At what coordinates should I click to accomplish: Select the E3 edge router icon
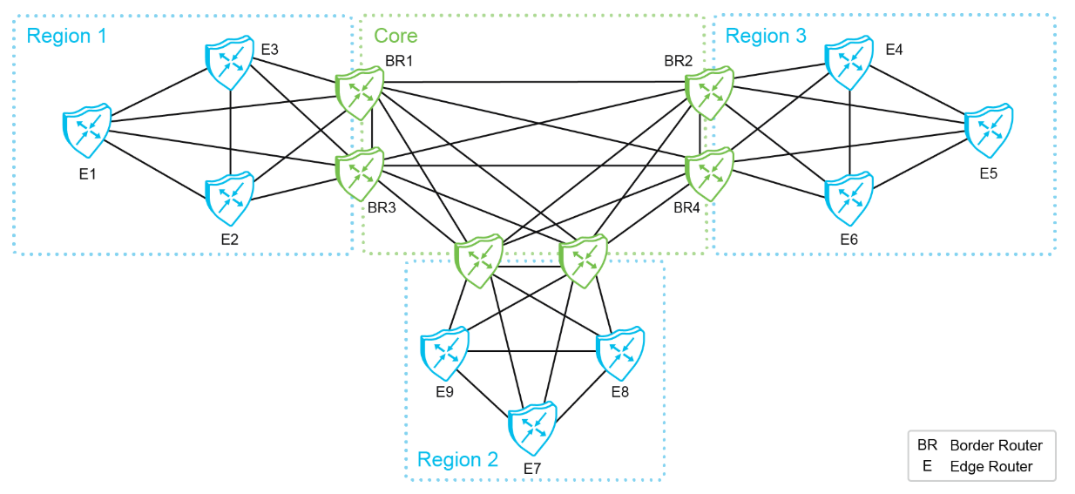click(x=229, y=63)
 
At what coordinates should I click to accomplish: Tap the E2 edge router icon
click(x=229, y=200)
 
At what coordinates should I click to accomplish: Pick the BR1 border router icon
click(x=360, y=93)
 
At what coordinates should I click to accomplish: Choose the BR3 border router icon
click(x=360, y=173)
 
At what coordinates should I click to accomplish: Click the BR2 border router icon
click(x=709, y=93)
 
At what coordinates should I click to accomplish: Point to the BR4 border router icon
click(x=709, y=175)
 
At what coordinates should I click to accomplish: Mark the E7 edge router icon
click(x=532, y=427)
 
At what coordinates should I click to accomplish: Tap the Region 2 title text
click(x=457, y=459)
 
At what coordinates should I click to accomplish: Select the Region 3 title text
click(x=766, y=36)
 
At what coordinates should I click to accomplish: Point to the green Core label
click(x=396, y=36)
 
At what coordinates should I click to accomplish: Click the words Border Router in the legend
click(x=996, y=445)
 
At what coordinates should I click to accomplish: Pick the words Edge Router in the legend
click(x=990, y=466)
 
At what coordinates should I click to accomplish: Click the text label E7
click(x=532, y=469)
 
